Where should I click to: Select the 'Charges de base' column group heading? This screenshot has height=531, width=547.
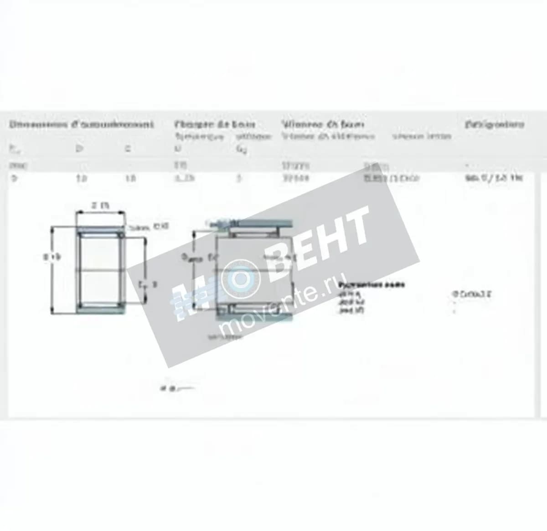214,124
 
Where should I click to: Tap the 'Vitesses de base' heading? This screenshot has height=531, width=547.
323,124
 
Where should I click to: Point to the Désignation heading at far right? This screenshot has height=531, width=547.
495,124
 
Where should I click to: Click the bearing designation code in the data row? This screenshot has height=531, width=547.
500,178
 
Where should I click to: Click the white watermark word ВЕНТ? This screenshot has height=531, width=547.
319,237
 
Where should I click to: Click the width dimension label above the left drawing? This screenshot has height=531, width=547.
100,206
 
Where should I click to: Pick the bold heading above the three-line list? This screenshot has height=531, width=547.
372,285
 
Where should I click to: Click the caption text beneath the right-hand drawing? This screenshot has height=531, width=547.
225,337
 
